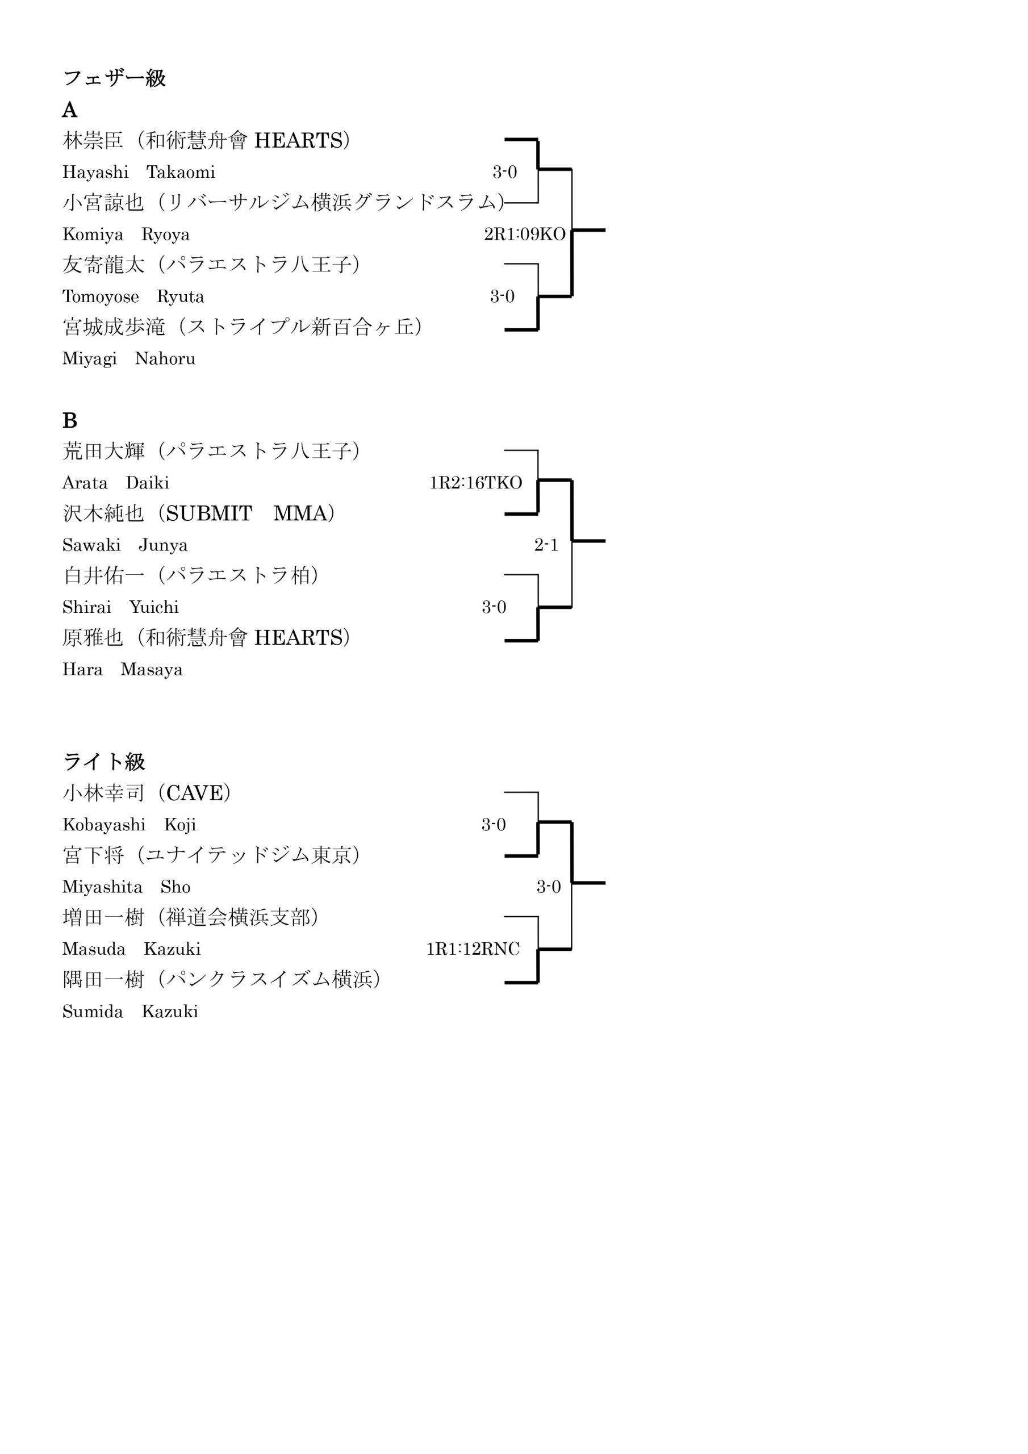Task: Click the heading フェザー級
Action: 115,78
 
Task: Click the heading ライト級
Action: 104,761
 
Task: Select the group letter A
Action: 70,110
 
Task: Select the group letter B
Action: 70,420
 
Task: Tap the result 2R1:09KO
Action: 524,235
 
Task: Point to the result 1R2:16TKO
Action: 476,483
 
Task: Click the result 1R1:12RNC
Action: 473,949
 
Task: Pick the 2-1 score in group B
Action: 546,545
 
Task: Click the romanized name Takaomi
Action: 181,172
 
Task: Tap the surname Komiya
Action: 93,235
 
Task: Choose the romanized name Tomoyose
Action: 101,297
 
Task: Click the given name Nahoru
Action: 165,358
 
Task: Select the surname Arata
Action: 85,483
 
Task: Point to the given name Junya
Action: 164,545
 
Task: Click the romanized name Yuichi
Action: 154,607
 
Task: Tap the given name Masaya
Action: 152,670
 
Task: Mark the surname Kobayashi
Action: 104,825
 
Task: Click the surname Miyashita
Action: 103,887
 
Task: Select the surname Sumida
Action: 93,1012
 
